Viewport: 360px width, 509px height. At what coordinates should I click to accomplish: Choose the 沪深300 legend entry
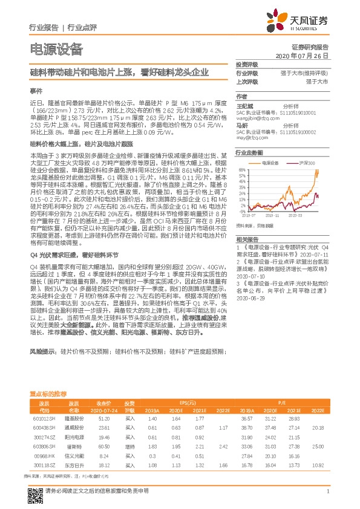click(306, 163)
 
